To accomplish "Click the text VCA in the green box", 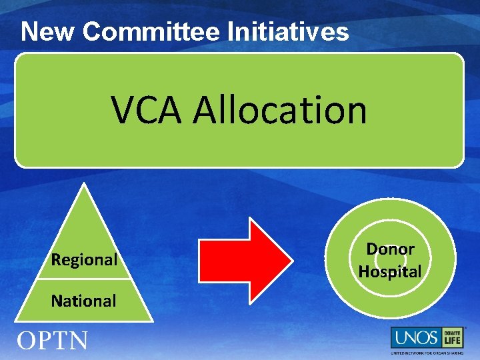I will pos(146,110).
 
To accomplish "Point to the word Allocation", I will pos(280,110).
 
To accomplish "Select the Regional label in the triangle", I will pos(84,259).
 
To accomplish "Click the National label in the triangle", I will pos(84,301).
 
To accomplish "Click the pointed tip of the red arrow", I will pos(289,259).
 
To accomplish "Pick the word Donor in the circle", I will pos(390,249).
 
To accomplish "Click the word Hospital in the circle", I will pos(390,271).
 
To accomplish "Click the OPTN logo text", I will pos(52,341).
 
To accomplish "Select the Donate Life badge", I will pos(453,337).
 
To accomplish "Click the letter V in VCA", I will pos(123,110).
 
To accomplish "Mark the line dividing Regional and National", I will pos(84,281).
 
